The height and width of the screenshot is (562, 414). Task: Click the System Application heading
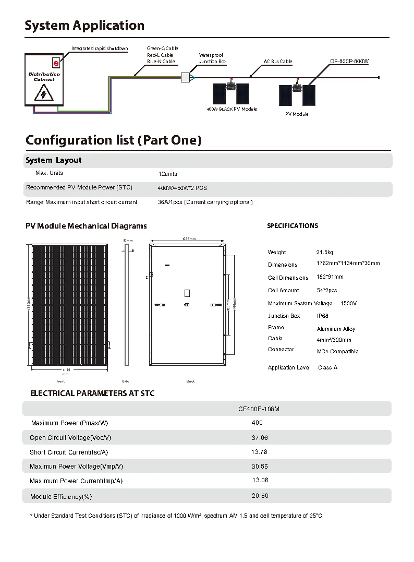[84, 26]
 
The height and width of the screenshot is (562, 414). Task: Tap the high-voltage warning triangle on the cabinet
[43, 93]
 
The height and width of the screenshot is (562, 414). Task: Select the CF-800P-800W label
[349, 62]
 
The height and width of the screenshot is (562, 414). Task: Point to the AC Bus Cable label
[278, 62]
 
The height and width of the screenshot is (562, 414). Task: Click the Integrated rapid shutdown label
[100, 49]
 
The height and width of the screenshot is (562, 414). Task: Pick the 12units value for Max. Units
[167, 174]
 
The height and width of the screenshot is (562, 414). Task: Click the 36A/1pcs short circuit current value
[205, 202]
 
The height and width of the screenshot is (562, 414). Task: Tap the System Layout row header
[54, 160]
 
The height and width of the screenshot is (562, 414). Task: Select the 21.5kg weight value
[324, 252]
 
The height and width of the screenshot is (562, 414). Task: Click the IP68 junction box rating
[323, 316]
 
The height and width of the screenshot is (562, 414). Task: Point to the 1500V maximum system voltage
[348, 303]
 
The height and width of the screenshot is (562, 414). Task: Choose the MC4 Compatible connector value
[337, 351]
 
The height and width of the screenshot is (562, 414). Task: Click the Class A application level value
[327, 367]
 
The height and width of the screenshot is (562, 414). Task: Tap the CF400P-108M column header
[259, 409]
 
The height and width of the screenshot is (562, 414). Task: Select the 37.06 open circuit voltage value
[259, 438]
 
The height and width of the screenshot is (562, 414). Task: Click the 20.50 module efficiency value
[260, 496]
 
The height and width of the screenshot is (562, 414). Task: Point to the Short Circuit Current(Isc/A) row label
[69, 452]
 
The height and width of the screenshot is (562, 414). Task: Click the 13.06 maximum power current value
[260, 480]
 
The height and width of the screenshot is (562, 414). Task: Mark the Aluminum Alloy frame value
[336, 329]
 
